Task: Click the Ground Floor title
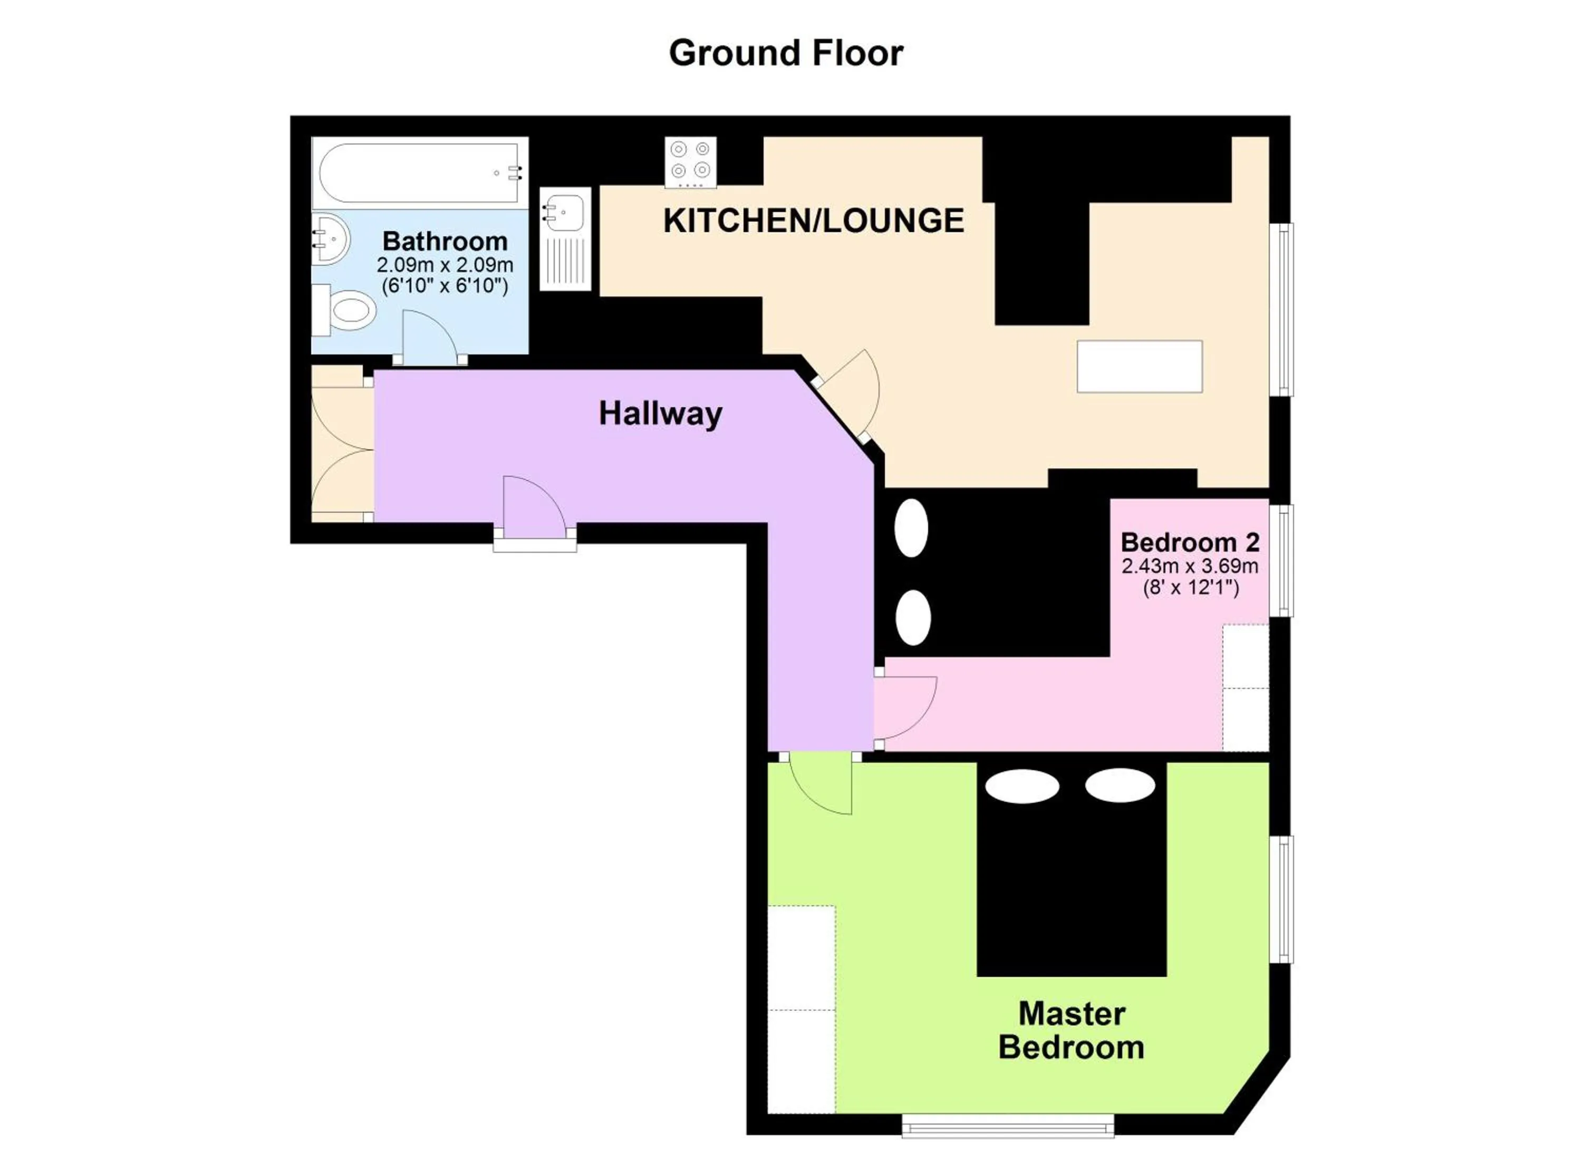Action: [786, 54]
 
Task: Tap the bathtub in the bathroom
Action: [419, 173]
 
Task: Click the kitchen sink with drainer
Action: [565, 238]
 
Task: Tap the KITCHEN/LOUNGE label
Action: [813, 220]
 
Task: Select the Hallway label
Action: [660, 413]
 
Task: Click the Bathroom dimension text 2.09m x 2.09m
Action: [445, 265]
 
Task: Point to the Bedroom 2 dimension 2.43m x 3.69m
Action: [1190, 565]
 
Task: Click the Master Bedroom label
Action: [1072, 1031]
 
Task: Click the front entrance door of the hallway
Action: [533, 509]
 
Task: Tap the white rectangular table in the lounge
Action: [1139, 366]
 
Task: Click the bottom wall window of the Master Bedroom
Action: [1007, 1125]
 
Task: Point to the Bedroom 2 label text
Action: [1190, 542]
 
